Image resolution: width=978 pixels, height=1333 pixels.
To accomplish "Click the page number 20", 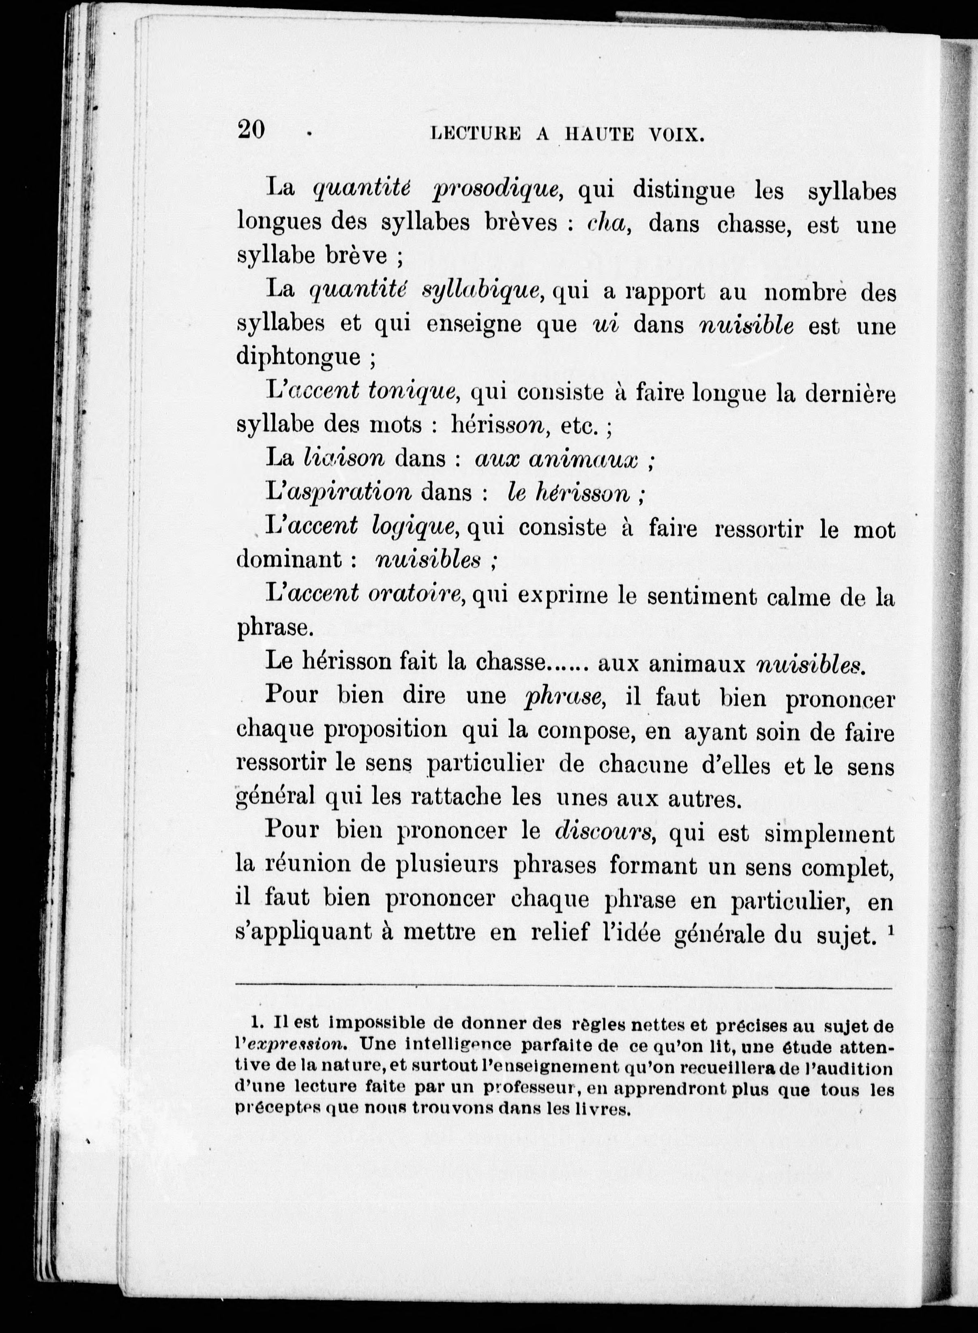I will pos(251,130).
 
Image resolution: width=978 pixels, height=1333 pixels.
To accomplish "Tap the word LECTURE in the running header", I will pos(476,135).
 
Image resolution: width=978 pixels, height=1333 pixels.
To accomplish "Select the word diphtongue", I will pos(298,357).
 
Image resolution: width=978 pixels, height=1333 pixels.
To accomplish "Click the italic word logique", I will pos(414,527).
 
